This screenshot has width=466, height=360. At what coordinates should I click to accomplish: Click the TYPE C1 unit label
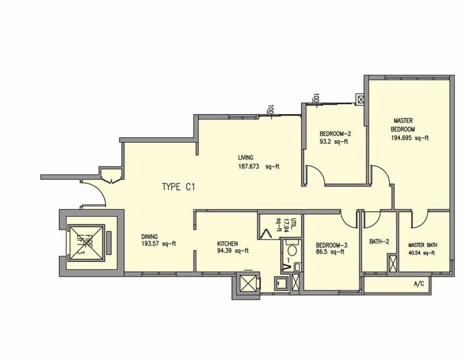tap(179, 187)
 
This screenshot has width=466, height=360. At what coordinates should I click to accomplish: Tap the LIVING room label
tap(245, 157)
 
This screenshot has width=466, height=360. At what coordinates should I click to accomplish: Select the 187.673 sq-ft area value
tap(259, 167)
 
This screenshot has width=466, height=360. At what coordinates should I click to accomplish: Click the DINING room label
tap(150, 237)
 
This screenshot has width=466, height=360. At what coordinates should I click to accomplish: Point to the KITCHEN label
tap(227, 243)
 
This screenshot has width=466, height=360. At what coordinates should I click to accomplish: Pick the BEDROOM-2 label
tap(336, 134)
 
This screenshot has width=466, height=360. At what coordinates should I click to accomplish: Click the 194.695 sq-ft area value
tap(410, 138)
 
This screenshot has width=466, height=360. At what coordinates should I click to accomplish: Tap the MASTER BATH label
tap(423, 245)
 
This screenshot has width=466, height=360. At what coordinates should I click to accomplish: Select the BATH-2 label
tap(379, 242)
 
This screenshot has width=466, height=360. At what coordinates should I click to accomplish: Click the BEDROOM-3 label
tap(331, 246)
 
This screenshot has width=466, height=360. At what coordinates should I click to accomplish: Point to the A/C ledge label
tap(419, 284)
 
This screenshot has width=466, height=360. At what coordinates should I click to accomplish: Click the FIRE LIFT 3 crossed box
tap(86, 243)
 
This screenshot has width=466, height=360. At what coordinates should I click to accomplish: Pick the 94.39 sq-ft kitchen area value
tap(233, 251)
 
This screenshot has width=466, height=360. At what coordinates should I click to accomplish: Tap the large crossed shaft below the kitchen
tap(249, 283)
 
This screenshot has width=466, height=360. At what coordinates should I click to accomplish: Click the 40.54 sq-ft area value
tap(423, 253)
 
